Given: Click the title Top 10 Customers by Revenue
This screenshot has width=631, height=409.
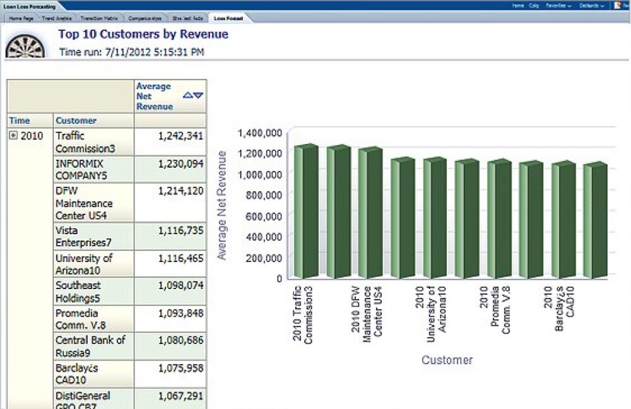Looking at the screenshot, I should coord(143,34).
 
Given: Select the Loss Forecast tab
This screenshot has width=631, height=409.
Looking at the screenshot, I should coord(228,19).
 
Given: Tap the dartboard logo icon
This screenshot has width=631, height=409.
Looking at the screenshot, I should coord(25,45).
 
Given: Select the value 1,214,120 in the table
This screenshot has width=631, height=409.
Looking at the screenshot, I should coord(180,191).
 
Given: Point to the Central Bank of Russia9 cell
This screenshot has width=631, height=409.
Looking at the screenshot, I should coord(90,346).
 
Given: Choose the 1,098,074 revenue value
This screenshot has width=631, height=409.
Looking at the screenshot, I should coord(180,286).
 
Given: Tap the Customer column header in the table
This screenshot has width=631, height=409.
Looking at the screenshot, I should coord(76,121).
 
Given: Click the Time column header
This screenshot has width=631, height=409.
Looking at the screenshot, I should coord(20,121).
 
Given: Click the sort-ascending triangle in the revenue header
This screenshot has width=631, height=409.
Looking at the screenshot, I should coord(187,95).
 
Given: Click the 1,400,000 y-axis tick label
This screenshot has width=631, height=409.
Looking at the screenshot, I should coord(259,133).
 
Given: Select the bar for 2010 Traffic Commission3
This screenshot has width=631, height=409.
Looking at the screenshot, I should coord(306,211).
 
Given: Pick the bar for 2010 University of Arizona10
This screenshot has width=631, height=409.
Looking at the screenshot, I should coord(435,218).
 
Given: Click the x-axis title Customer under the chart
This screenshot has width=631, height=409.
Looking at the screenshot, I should coord(447,360).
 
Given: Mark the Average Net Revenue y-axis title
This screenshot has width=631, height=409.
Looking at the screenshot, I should coord(221,205).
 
